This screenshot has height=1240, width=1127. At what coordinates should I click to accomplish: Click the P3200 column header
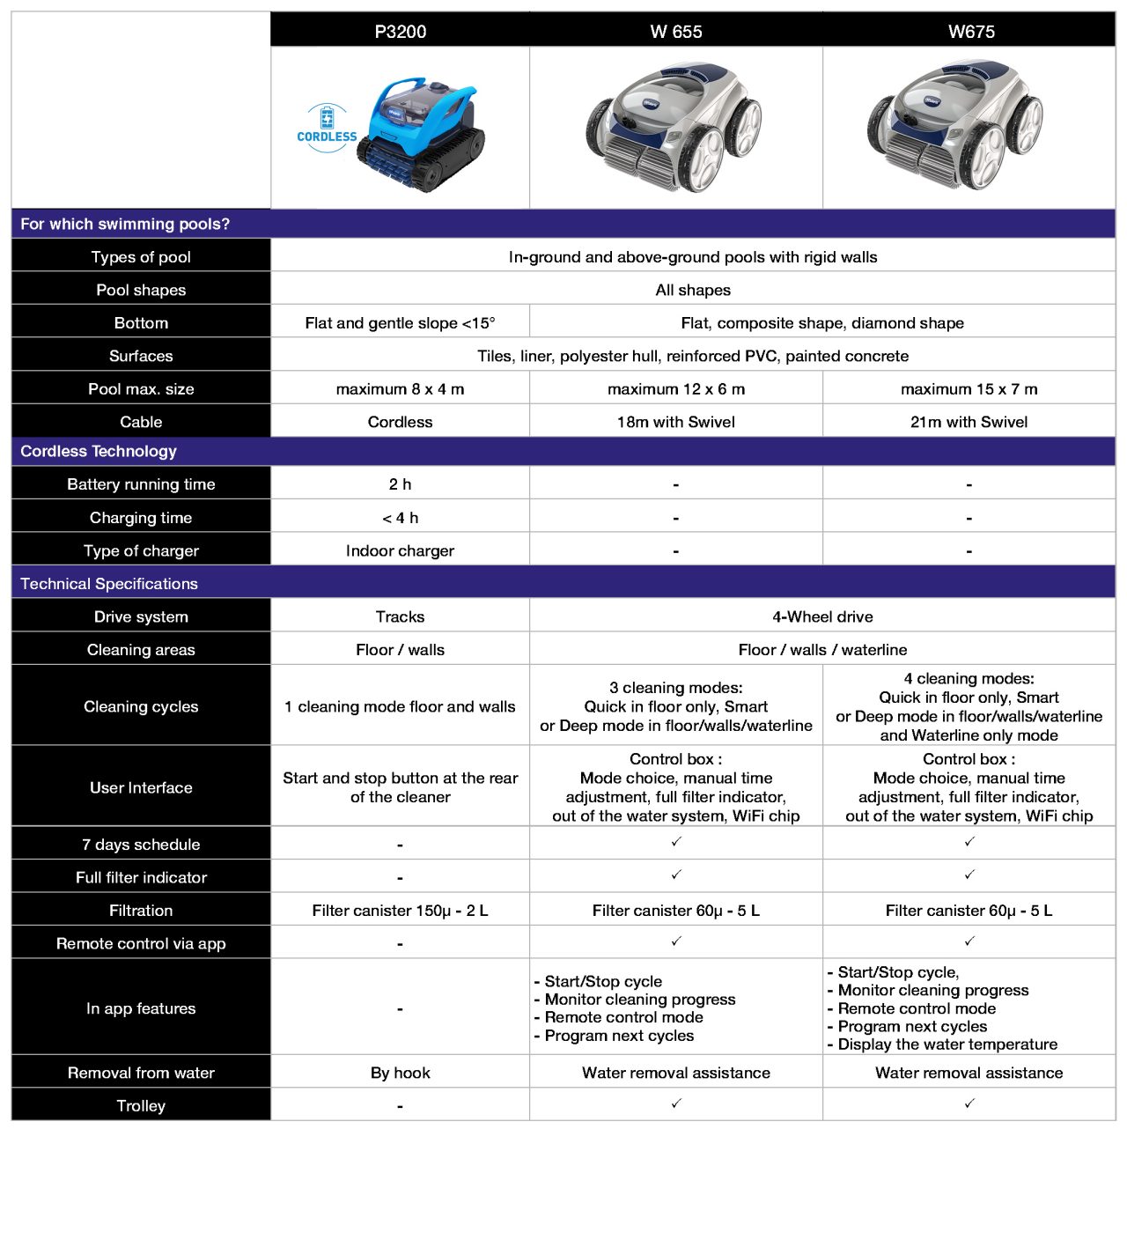tap(400, 32)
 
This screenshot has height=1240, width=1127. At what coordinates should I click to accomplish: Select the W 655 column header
tap(675, 32)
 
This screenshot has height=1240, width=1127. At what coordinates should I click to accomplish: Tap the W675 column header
tap(970, 32)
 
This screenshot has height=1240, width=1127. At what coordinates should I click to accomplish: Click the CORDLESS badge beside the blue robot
tap(327, 129)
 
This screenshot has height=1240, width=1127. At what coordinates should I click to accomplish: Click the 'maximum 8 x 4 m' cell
tap(400, 389)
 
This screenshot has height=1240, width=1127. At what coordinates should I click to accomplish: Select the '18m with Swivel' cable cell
tap(675, 422)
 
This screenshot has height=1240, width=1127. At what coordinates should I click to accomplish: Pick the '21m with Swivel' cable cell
tap(969, 422)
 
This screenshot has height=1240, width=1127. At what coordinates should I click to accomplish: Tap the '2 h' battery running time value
tap(400, 484)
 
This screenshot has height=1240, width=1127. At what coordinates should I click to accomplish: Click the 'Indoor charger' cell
tap(400, 550)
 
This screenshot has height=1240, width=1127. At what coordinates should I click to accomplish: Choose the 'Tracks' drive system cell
tap(400, 616)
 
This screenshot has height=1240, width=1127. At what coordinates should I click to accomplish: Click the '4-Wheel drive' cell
tap(822, 616)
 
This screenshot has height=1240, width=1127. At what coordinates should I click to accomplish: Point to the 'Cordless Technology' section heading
tap(99, 452)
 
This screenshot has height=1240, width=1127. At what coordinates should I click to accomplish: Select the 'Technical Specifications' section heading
tap(109, 584)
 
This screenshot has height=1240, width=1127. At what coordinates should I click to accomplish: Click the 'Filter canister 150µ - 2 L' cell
tap(400, 911)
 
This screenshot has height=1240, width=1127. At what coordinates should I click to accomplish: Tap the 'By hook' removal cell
tap(400, 1073)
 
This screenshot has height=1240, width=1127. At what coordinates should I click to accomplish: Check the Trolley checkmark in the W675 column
tap(969, 1103)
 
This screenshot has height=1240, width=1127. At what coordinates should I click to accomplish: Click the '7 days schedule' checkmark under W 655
tap(676, 842)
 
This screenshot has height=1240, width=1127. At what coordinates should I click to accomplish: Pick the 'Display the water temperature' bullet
tap(947, 1044)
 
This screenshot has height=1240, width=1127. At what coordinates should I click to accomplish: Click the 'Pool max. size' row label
tap(141, 389)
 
